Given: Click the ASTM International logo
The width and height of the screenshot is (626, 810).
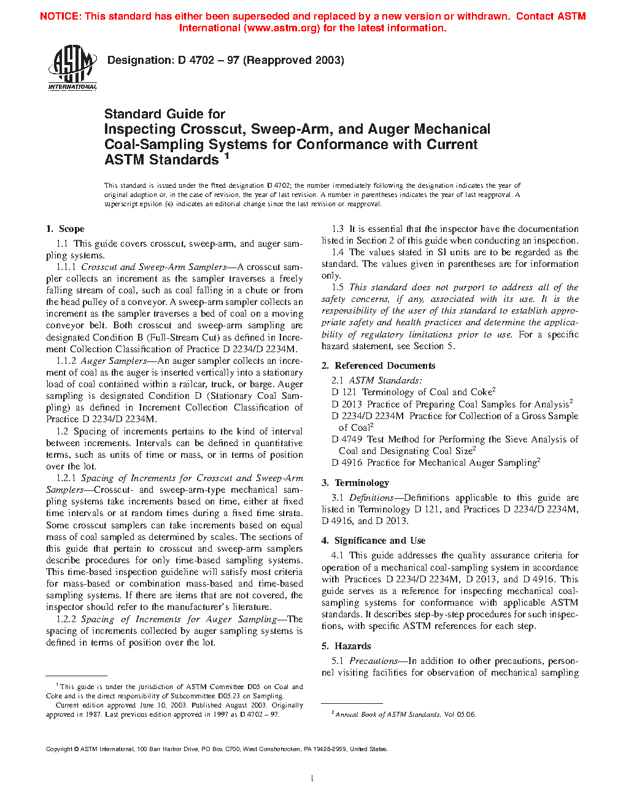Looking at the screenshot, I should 72,68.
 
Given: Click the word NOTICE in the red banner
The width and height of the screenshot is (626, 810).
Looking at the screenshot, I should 60,17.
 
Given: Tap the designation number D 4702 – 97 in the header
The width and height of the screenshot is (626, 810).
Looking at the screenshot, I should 209,60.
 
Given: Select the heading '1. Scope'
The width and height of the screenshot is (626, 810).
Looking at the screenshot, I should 65,229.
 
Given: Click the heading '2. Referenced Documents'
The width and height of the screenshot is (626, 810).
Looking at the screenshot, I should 378,366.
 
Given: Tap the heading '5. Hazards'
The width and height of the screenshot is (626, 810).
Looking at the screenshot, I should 346,646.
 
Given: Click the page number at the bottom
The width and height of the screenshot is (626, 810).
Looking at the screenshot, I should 312,779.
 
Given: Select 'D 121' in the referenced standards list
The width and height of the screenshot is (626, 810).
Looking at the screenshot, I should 344,392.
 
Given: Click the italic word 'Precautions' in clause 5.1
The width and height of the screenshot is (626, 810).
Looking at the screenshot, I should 373,661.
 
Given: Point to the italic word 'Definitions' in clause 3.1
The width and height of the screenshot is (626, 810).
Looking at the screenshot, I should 371,498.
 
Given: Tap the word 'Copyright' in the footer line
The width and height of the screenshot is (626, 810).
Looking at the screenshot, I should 59,749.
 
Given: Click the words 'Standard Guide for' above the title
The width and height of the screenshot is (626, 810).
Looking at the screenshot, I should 164,114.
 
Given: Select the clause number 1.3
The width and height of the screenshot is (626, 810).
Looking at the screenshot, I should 338,229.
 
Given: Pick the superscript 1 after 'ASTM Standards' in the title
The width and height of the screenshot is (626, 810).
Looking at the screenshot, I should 226,156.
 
